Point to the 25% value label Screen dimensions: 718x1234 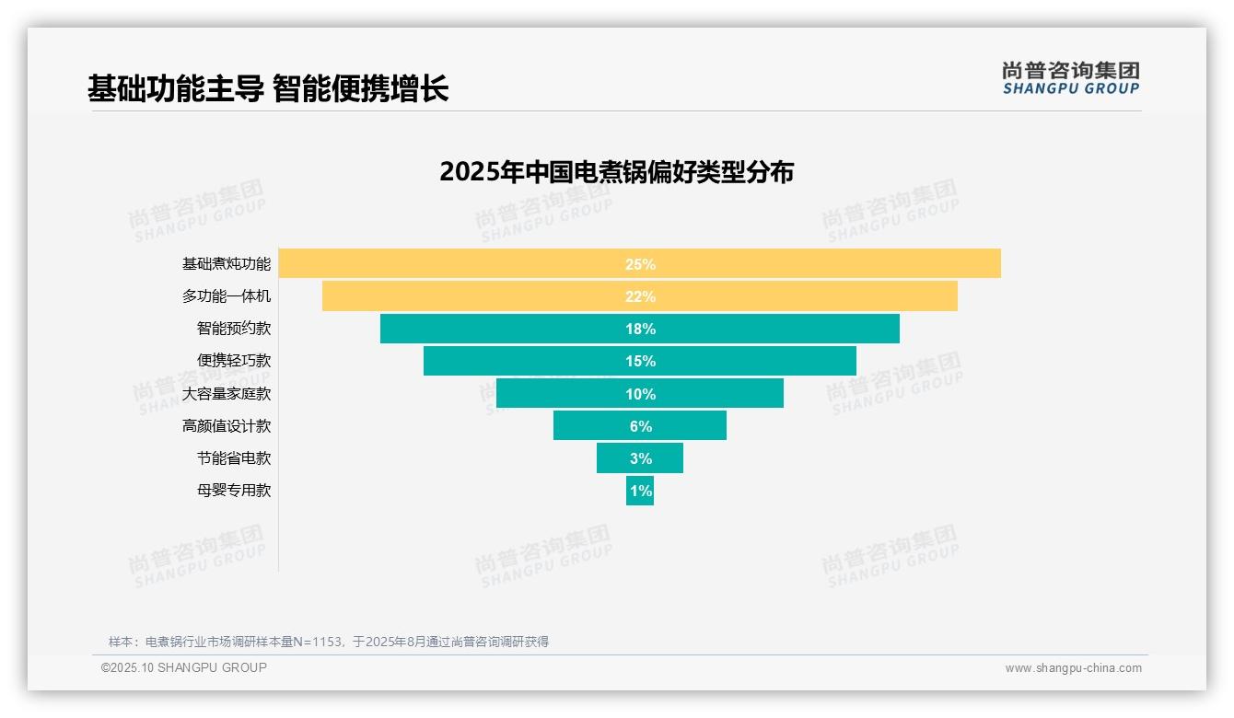click(640, 264)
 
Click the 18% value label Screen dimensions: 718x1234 click(640, 329)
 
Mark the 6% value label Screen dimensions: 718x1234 click(640, 426)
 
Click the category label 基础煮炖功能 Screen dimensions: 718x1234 click(227, 264)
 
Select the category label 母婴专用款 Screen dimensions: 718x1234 click(234, 491)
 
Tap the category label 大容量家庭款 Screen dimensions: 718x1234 click(227, 394)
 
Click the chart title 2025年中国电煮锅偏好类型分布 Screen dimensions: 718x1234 click(616, 172)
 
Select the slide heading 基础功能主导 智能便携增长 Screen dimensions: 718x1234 click(268, 89)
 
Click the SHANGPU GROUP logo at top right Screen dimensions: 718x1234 click(1070, 78)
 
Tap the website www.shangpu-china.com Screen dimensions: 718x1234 click(1073, 668)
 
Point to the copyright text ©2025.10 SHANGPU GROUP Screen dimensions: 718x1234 click(184, 667)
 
